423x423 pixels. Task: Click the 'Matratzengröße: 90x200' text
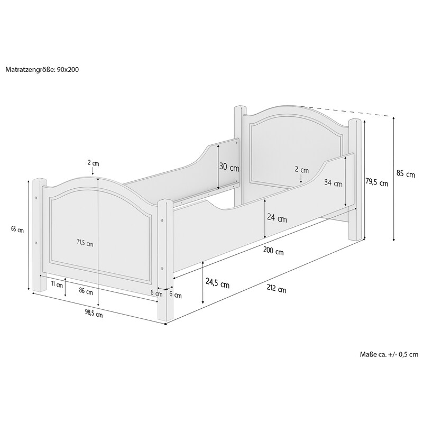(x=42, y=70)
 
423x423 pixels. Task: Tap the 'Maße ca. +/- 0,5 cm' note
(x=389, y=354)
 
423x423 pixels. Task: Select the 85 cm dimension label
(x=406, y=174)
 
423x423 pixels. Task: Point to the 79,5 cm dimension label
(x=376, y=182)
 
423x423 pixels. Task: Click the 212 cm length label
(x=276, y=289)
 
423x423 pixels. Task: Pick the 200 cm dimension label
(x=273, y=251)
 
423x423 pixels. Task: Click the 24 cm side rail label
(x=277, y=218)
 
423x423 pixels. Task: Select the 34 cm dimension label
(x=333, y=183)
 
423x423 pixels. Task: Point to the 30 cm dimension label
(x=229, y=167)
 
